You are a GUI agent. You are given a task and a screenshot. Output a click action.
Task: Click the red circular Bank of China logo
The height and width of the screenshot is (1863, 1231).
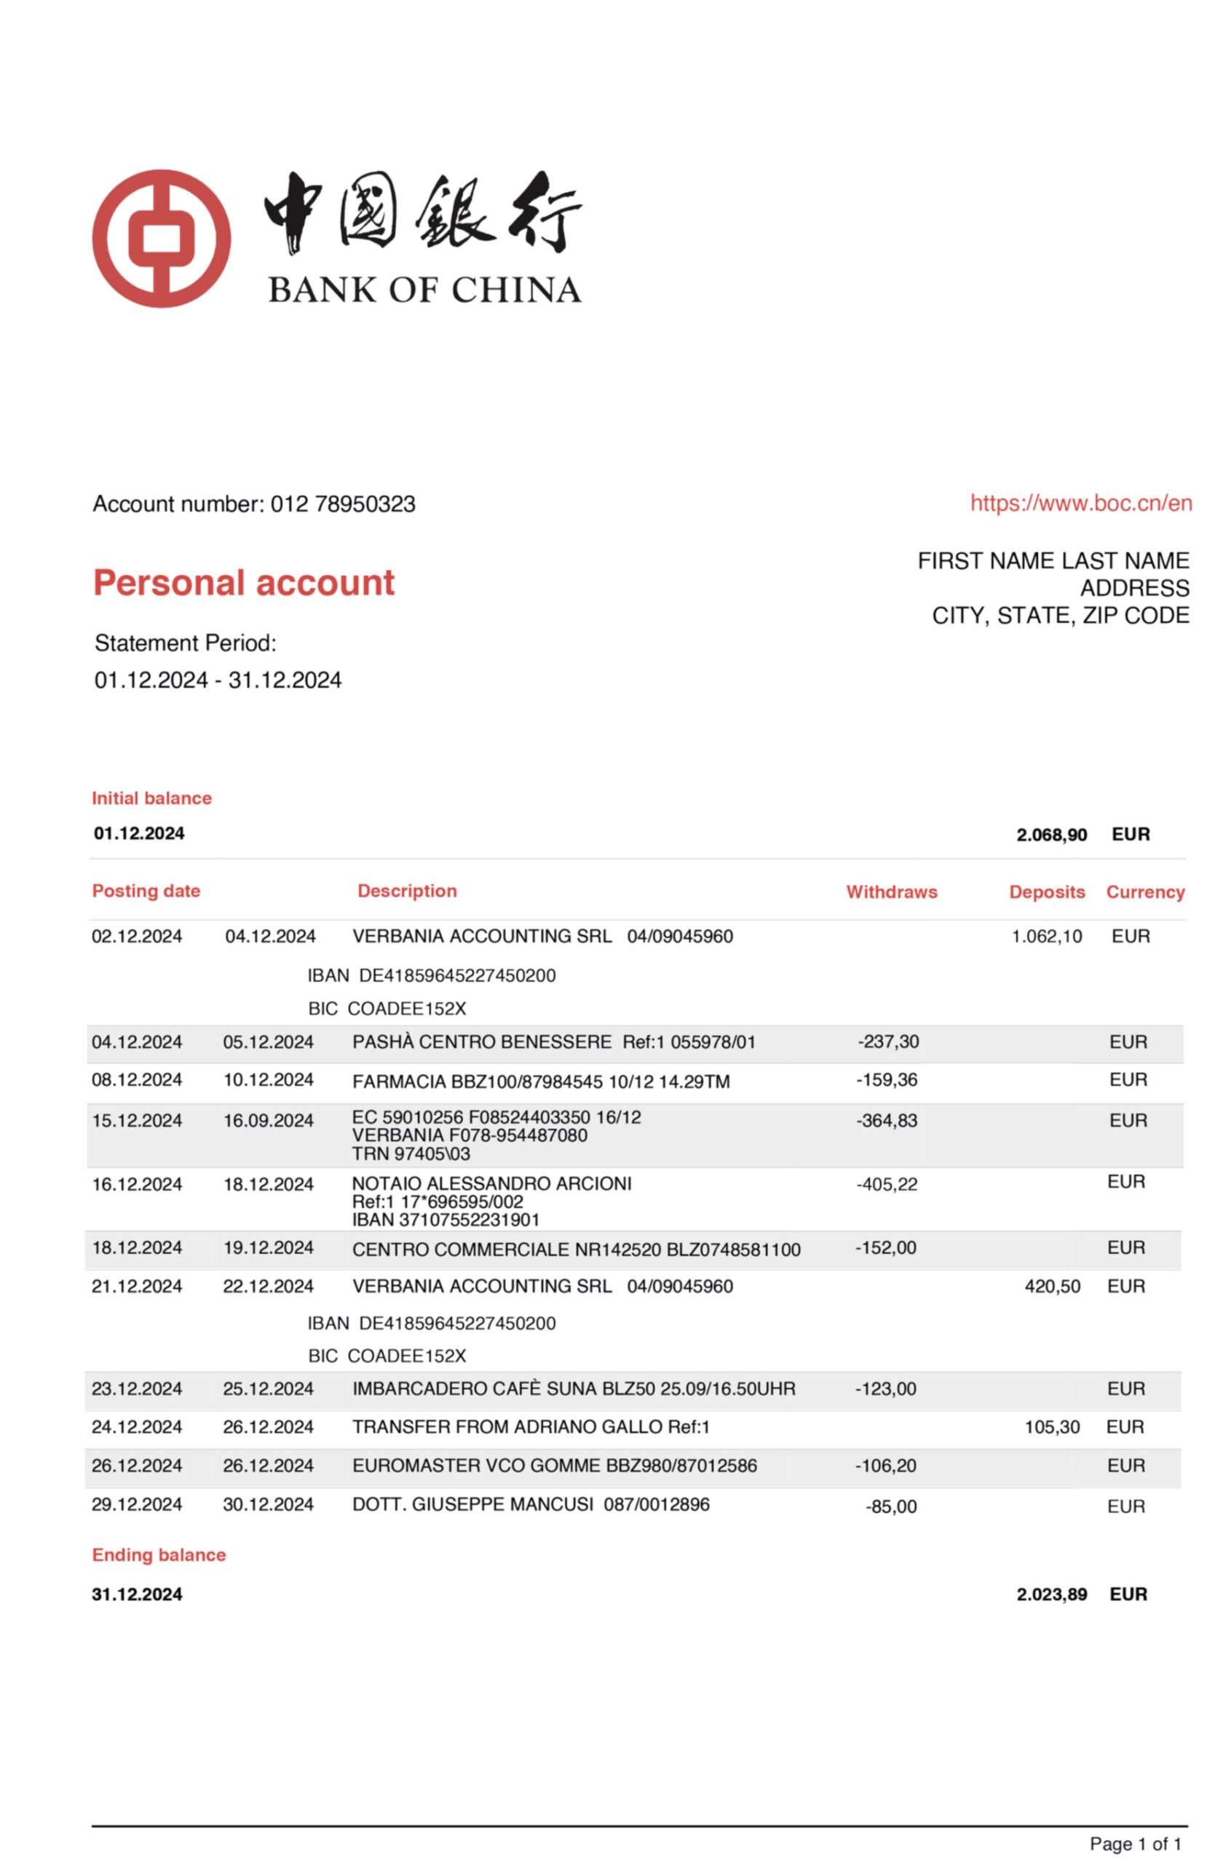[162, 239]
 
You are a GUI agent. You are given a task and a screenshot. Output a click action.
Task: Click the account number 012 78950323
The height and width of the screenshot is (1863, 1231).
[342, 504]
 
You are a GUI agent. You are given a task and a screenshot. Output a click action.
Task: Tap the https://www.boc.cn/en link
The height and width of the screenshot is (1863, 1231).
[1081, 503]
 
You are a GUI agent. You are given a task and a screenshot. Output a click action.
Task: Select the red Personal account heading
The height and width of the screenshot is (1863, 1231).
[243, 583]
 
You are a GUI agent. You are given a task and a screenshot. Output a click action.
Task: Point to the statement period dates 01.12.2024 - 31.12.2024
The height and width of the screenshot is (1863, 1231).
[218, 680]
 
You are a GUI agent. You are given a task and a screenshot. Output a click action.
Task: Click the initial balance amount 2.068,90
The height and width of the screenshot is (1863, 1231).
[1051, 834]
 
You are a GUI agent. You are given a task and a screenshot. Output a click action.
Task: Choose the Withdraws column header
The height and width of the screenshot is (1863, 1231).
[891, 891]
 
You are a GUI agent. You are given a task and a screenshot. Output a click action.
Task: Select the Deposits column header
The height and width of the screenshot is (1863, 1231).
[1047, 891]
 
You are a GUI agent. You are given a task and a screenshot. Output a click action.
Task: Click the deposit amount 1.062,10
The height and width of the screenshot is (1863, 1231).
[1047, 936]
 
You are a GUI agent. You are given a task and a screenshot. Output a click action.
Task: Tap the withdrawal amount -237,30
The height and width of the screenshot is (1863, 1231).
[888, 1041]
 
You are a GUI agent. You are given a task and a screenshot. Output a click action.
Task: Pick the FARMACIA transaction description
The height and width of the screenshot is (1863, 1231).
[541, 1081]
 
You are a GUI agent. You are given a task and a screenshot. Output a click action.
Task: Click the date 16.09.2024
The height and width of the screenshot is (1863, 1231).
[269, 1120]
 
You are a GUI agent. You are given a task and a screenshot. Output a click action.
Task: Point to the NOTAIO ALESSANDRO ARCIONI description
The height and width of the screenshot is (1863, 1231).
[491, 1183]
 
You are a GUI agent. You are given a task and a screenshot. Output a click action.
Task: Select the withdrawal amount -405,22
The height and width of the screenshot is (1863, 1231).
[887, 1184]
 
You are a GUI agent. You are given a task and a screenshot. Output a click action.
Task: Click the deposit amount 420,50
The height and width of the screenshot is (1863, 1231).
[1052, 1286]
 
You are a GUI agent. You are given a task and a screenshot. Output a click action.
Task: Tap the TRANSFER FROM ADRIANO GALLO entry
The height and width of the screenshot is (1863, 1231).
[531, 1426]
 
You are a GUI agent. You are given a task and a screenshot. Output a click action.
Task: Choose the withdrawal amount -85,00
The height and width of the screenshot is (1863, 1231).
[891, 1506]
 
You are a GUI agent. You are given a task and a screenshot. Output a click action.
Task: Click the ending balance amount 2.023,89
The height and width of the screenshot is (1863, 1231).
[1051, 1594]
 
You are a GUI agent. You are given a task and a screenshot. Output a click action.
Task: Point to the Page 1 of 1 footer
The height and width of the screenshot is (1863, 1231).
[1134, 1843]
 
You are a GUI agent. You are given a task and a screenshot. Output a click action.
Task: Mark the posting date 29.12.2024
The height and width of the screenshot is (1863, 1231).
[137, 1504]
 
